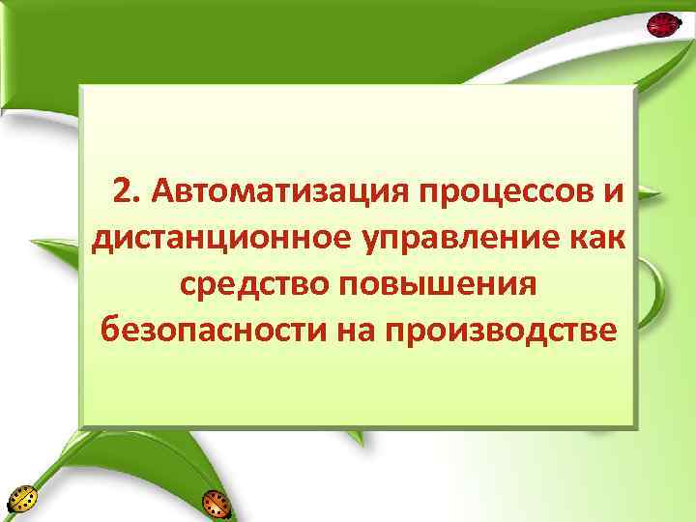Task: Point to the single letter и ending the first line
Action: coord(615,191)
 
